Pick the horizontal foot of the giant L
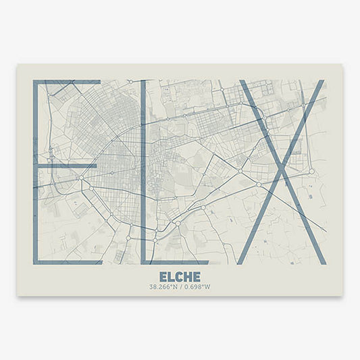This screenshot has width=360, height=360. (x=176, y=262)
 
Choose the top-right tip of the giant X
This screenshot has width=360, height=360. (x=319, y=83)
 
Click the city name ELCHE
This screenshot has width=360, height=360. (x=180, y=277)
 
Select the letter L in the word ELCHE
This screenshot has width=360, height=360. (x=172, y=277)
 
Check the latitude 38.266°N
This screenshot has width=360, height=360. (x=163, y=287)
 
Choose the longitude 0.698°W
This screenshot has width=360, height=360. (x=197, y=287)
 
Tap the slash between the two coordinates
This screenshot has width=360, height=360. (x=180, y=287)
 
